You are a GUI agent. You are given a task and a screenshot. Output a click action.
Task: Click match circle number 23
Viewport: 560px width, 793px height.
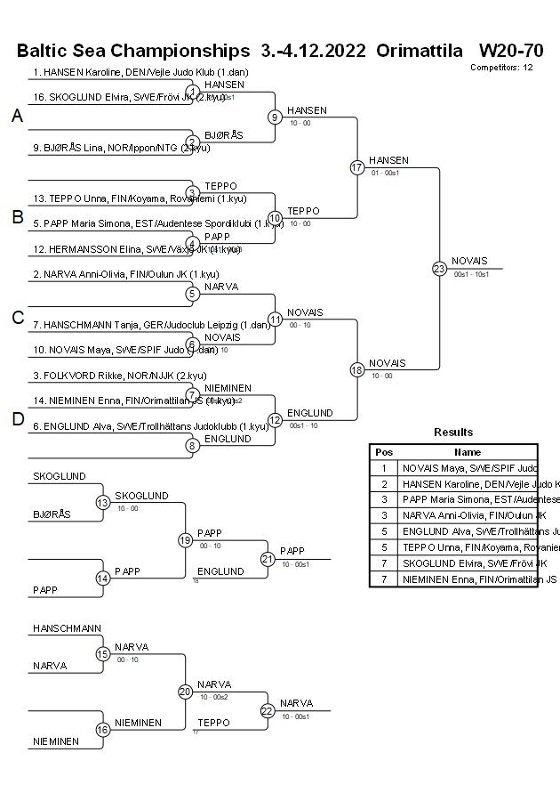click(439, 268)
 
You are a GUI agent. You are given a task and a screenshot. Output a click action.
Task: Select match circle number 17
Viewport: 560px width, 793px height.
click(356, 167)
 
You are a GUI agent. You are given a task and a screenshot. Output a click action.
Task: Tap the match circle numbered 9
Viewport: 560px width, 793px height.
click(275, 117)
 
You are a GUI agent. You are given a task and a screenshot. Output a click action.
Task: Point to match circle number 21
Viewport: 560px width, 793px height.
click(268, 559)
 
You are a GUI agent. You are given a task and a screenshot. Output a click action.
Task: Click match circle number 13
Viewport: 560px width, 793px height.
click(103, 502)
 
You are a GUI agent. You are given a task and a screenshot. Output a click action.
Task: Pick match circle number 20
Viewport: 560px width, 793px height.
click(185, 691)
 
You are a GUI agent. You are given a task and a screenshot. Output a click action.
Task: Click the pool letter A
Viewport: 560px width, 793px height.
click(17, 117)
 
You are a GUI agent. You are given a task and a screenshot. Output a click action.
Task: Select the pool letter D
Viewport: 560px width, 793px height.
click(17, 420)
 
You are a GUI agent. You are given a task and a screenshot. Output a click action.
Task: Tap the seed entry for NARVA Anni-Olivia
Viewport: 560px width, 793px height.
click(125, 274)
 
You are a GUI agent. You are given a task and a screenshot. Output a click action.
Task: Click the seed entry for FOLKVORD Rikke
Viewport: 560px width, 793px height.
click(120, 376)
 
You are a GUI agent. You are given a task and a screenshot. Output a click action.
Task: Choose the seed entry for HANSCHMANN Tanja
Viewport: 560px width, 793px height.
click(151, 325)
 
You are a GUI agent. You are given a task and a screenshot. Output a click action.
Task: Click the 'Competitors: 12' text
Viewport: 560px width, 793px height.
click(501, 67)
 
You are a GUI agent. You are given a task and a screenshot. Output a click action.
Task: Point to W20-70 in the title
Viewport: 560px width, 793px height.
click(511, 50)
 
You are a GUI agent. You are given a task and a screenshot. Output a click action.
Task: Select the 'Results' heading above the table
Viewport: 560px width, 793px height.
click(453, 433)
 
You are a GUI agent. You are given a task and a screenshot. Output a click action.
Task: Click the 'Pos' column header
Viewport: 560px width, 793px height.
click(384, 452)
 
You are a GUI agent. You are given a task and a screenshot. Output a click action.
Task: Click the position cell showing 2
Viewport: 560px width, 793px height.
click(384, 483)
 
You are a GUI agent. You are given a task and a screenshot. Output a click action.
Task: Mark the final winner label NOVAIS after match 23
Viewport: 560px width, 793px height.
click(469, 261)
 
